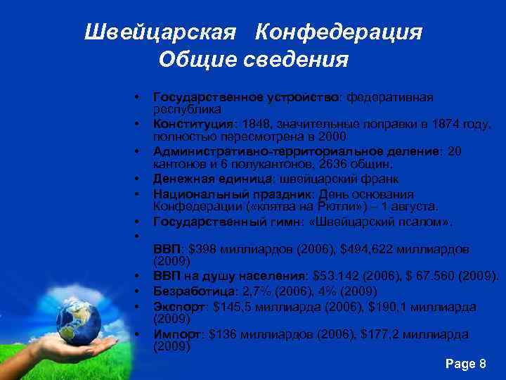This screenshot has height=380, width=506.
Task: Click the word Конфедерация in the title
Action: pos(339,32)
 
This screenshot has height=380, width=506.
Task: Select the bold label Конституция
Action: pos(190,125)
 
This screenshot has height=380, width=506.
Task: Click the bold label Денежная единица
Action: pos(200,178)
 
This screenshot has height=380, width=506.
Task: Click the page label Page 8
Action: pos(466,364)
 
